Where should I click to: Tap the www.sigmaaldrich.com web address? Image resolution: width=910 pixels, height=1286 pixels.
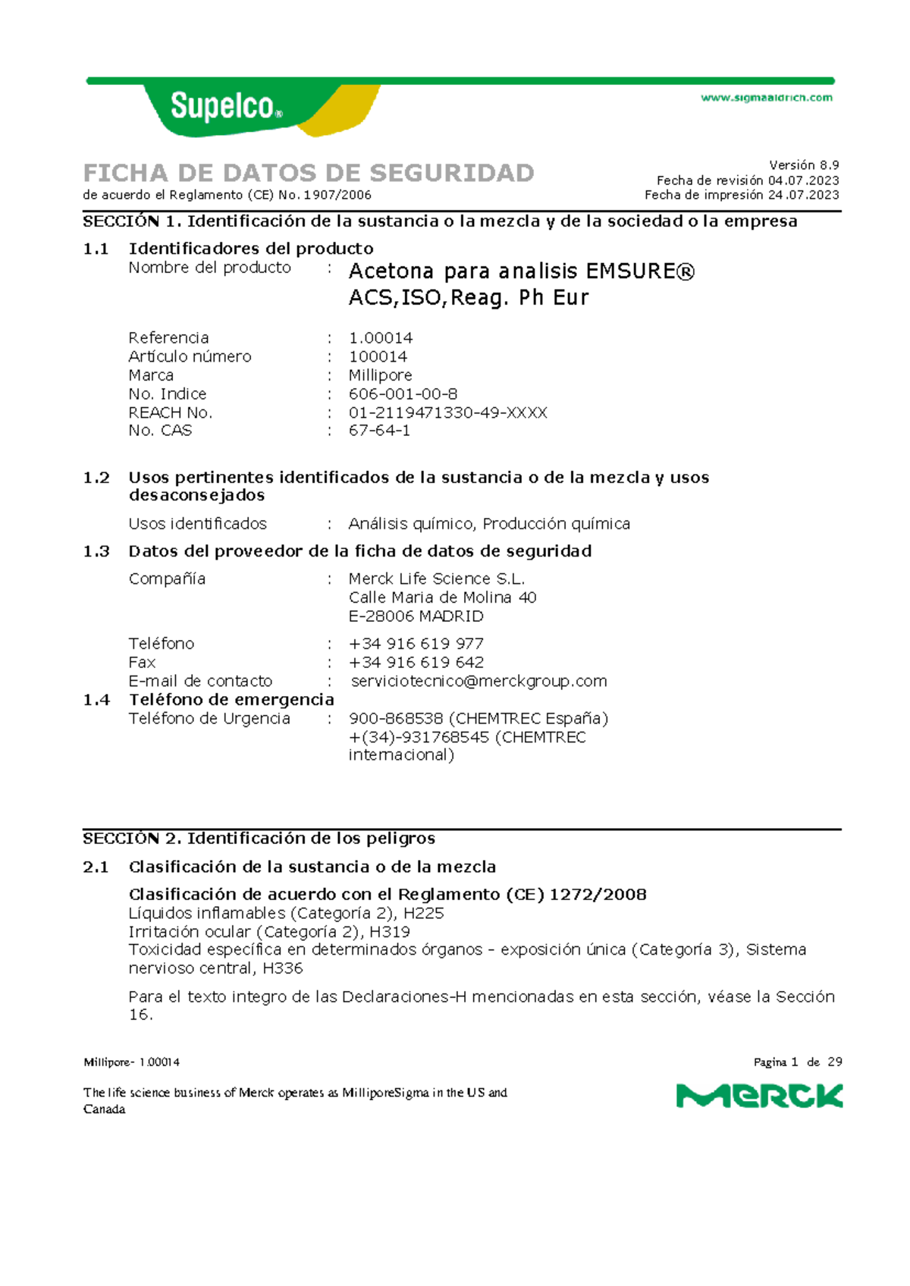766,98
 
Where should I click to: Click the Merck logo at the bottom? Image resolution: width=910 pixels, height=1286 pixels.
759,1096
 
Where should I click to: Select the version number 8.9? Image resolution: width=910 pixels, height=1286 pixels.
826,165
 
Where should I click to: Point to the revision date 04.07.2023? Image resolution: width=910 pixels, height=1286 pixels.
803,180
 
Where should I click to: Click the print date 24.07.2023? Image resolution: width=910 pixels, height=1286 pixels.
803,195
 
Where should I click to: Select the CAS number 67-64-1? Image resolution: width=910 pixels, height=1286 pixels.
379,431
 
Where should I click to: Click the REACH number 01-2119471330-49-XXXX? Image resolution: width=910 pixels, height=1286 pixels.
447,412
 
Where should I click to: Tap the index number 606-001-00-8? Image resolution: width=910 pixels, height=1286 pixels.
403,394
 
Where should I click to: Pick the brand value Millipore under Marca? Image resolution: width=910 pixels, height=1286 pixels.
380,375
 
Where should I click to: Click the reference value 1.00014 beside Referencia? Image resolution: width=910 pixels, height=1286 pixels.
381,337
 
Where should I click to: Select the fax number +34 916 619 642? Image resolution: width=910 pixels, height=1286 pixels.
416,662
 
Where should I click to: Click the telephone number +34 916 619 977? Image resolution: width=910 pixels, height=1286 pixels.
416,643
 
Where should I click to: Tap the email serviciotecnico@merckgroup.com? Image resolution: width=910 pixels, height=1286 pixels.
479,681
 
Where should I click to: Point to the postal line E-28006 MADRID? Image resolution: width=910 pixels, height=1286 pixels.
416,616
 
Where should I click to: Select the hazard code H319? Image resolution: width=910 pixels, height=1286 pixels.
390,931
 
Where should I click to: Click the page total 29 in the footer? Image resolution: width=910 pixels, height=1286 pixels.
834,1062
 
